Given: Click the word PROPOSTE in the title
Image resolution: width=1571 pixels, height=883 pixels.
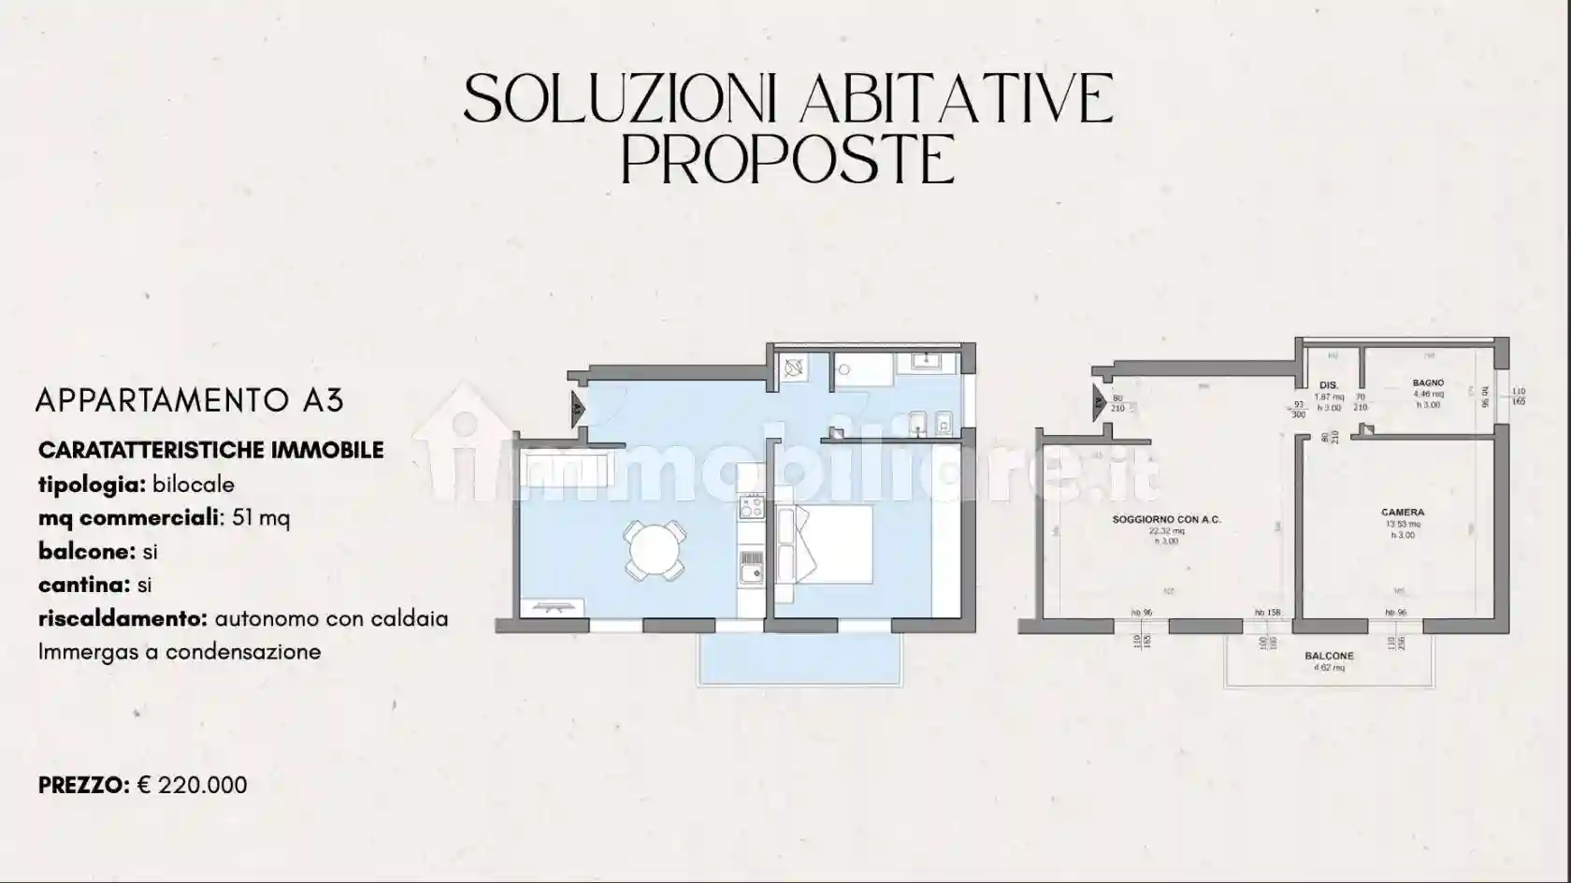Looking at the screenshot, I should pos(787,162).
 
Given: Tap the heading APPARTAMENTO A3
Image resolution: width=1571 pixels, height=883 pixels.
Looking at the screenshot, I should pos(190,400).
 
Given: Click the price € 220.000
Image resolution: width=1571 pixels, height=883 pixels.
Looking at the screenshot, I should pos(193,785).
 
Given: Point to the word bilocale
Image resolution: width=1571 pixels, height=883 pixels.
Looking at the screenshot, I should pos(194,485).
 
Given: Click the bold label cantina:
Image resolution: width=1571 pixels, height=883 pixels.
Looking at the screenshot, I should pos(84,585).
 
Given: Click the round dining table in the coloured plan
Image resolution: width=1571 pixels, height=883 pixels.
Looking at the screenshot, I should pos(656,551).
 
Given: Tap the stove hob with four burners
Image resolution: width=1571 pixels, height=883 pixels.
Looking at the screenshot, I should pos(751,507).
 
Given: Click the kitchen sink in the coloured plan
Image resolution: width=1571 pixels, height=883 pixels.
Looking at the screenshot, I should pos(751,566).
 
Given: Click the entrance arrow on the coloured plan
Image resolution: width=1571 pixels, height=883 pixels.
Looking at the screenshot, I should pos(577,407).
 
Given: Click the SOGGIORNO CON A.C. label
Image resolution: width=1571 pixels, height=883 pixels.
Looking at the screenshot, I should pos(1166,519).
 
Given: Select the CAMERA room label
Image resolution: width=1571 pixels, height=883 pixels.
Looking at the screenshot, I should pos(1402,513).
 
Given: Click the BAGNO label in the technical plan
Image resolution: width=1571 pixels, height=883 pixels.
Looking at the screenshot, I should pos(1428,383).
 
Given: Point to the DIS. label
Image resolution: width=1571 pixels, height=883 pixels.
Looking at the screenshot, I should pos(1328,385).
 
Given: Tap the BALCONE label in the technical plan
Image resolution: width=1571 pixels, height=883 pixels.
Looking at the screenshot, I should pos(1329,657).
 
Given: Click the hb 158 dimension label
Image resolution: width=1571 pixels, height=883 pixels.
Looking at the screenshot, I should pos(1267,613).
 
